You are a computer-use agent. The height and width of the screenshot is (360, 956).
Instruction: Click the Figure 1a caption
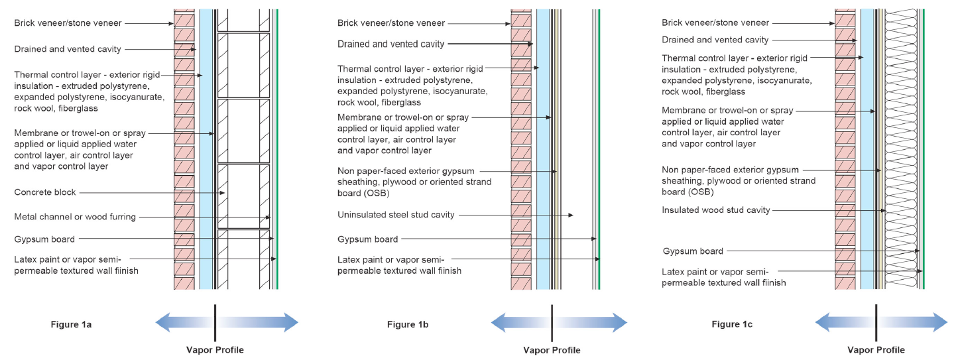71,324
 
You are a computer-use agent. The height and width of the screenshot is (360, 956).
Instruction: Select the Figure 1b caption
408,324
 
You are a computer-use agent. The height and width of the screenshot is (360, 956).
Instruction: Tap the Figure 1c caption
732,324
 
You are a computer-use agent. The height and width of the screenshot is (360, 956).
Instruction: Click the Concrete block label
45,192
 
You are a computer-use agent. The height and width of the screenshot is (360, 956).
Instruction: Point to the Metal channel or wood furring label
75,217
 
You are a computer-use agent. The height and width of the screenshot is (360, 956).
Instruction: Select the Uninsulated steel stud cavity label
396,215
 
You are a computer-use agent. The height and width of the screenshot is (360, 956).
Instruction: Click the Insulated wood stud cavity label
716,210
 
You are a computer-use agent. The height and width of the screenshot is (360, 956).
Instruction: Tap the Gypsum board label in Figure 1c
693,251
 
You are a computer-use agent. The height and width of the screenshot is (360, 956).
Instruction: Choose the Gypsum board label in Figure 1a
44,239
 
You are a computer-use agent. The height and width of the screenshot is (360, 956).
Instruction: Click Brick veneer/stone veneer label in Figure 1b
391,23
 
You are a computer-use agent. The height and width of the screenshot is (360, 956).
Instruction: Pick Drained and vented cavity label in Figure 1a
68,49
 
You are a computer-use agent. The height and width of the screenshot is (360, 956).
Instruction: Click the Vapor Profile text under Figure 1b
552,350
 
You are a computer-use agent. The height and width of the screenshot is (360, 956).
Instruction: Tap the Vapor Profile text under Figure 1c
876,350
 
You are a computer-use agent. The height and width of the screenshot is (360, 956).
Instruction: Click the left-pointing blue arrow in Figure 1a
184,322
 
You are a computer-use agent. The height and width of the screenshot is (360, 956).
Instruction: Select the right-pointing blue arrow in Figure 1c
913,322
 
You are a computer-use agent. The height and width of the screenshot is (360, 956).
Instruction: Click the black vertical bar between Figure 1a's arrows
215,323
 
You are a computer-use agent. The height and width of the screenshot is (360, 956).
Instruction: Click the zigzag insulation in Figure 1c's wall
901,149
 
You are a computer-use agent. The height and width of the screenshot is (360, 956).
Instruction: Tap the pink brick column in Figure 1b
521,149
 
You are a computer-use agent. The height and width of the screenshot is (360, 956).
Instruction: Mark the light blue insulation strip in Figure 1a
206,149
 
